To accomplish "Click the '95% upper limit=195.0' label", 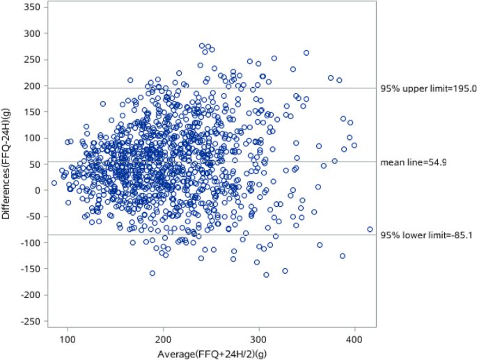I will pos(428,88).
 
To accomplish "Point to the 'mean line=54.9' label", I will pos(413,162).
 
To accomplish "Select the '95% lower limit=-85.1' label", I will pos(427,235).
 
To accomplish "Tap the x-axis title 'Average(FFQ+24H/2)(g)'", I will pos(211,354).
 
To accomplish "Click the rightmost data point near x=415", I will pos(370,229).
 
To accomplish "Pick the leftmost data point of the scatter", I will pos(54,183).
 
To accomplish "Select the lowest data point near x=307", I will pos(266,274).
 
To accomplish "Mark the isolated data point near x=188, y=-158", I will pos(153,273).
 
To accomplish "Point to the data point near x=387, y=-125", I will pos(343,256).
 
